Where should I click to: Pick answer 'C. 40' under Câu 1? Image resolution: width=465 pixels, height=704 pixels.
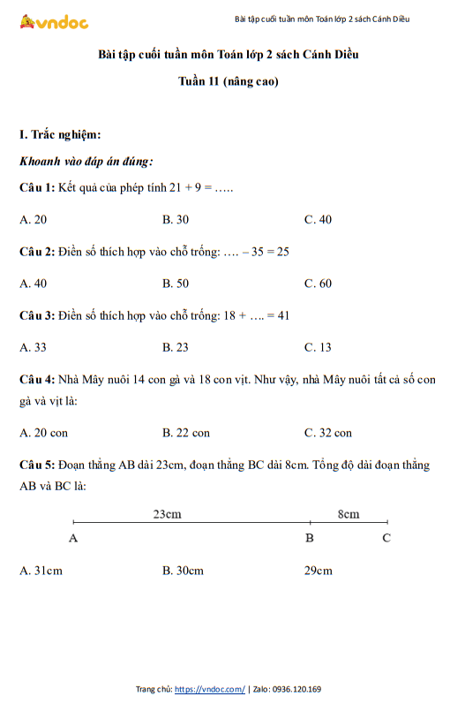(318, 219)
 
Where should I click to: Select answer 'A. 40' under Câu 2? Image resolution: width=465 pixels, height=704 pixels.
(34, 284)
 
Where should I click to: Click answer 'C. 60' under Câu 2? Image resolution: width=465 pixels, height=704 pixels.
(318, 284)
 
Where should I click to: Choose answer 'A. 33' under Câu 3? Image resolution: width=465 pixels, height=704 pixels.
(34, 347)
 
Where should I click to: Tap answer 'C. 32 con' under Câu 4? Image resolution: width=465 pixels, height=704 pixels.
(328, 433)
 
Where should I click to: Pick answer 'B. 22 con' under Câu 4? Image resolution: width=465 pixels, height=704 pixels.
(186, 433)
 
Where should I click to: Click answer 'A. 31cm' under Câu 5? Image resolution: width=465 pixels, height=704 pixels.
(41, 571)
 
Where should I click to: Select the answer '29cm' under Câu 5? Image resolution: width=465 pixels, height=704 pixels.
(318, 571)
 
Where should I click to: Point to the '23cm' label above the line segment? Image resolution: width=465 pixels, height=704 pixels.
(168, 513)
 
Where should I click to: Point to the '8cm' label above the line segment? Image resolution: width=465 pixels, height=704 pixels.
(349, 513)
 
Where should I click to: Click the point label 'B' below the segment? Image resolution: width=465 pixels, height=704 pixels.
(310, 537)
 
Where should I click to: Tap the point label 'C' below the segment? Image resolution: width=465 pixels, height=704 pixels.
(386, 537)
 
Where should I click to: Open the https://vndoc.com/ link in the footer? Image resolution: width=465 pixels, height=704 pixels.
(210, 689)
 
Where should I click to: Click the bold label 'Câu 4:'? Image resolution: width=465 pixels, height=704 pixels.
(37, 379)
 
